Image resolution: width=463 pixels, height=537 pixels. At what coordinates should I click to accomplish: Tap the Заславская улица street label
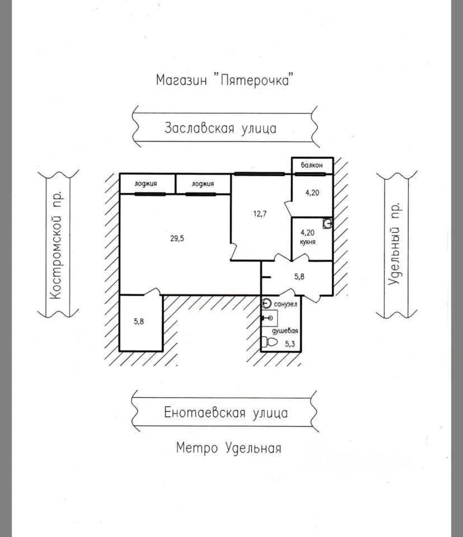(x=220, y=128)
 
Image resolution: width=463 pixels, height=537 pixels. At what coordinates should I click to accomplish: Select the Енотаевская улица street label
(x=226, y=413)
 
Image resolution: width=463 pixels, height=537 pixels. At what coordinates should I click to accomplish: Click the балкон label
(x=311, y=166)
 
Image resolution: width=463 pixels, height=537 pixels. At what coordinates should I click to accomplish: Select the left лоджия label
(x=146, y=183)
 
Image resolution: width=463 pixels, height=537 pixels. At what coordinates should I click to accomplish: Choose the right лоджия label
(x=203, y=183)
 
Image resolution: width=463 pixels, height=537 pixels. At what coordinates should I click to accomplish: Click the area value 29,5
(x=177, y=238)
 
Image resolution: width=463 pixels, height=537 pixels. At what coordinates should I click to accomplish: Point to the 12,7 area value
(x=258, y=213)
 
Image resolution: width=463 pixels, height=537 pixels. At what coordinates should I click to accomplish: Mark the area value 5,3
(x=290, y=344)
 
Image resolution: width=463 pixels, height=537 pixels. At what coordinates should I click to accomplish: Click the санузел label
(x=286, y=304)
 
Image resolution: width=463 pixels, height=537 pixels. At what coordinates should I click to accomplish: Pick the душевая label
(x=284, y=331)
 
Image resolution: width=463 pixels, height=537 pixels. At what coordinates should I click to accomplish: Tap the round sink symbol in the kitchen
(x=329, y=223)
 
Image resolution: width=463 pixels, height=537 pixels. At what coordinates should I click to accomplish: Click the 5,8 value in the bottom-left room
(x=139, y=321)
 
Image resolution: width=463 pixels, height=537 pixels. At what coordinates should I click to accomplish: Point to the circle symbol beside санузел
(x=266, y=304)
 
